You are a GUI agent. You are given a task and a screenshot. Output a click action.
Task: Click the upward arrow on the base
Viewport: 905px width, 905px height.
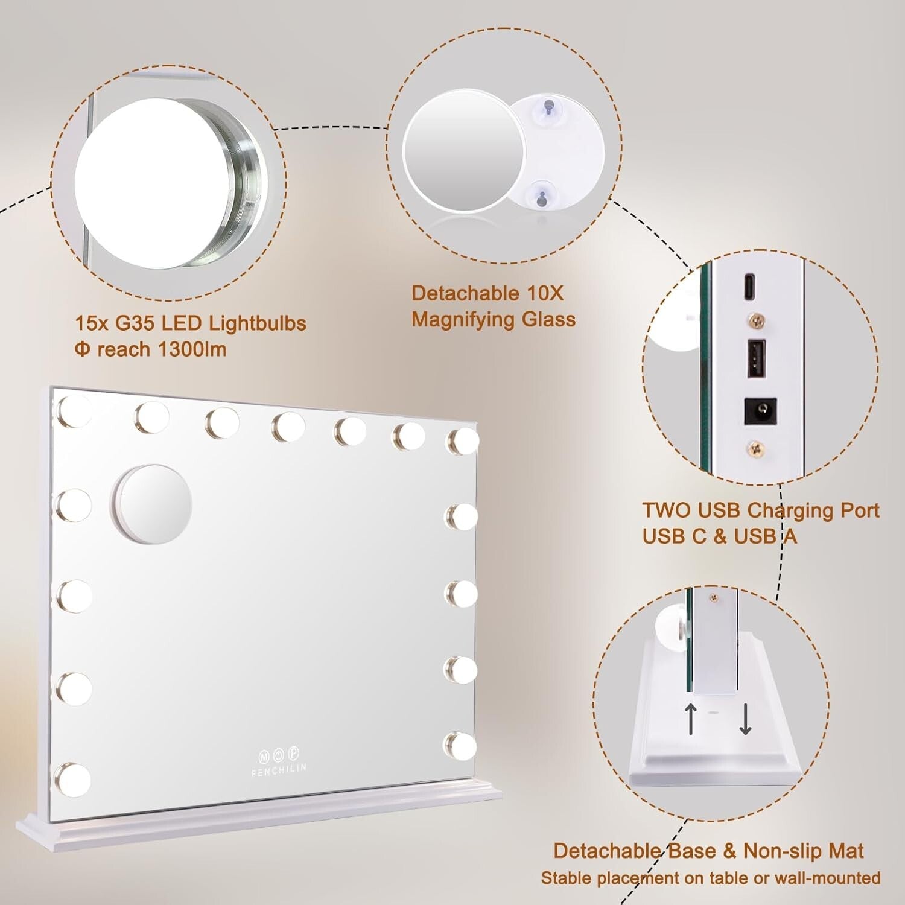pyautogui.click(x=691, y=718)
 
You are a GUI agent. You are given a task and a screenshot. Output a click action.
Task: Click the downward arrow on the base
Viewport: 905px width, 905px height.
pyautogui.click(x=745, y=719)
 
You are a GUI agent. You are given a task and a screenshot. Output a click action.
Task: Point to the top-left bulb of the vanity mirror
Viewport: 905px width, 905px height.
pyautogui.click(x=74, y=412)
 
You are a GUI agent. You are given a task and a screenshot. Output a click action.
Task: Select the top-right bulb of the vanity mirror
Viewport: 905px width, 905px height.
pyautogui.click(x=462, y=441)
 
